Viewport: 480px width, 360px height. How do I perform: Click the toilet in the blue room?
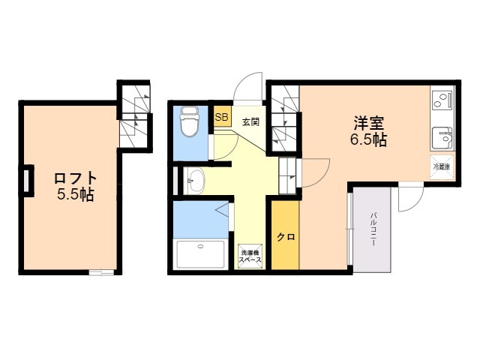pos(190,121)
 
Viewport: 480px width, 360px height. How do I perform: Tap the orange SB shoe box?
pos(222,117)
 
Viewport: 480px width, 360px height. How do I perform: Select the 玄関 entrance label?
pos(251,121)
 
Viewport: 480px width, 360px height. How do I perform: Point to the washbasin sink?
pos(195,181)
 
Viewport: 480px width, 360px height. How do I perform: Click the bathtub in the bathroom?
pos(201,255)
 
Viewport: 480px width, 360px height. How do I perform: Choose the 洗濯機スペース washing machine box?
pos(250,256)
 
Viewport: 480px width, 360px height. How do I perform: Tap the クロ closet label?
pos(286,237)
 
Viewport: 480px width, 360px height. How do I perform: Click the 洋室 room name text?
pos(368,123)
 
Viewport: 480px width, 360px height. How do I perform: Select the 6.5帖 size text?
pos(368,139)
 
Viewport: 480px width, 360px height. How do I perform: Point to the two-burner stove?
pos(442,100)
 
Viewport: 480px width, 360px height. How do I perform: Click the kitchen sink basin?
pos(442,138)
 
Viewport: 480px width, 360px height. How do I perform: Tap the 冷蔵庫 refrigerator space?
pos(442,167)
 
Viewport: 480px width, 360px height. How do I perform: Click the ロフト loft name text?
pos(75,178)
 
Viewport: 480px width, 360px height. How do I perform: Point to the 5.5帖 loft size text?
pos(75,194)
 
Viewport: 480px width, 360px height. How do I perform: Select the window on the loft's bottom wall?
pos(101,272)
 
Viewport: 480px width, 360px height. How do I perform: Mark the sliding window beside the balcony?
pos(350,229)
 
